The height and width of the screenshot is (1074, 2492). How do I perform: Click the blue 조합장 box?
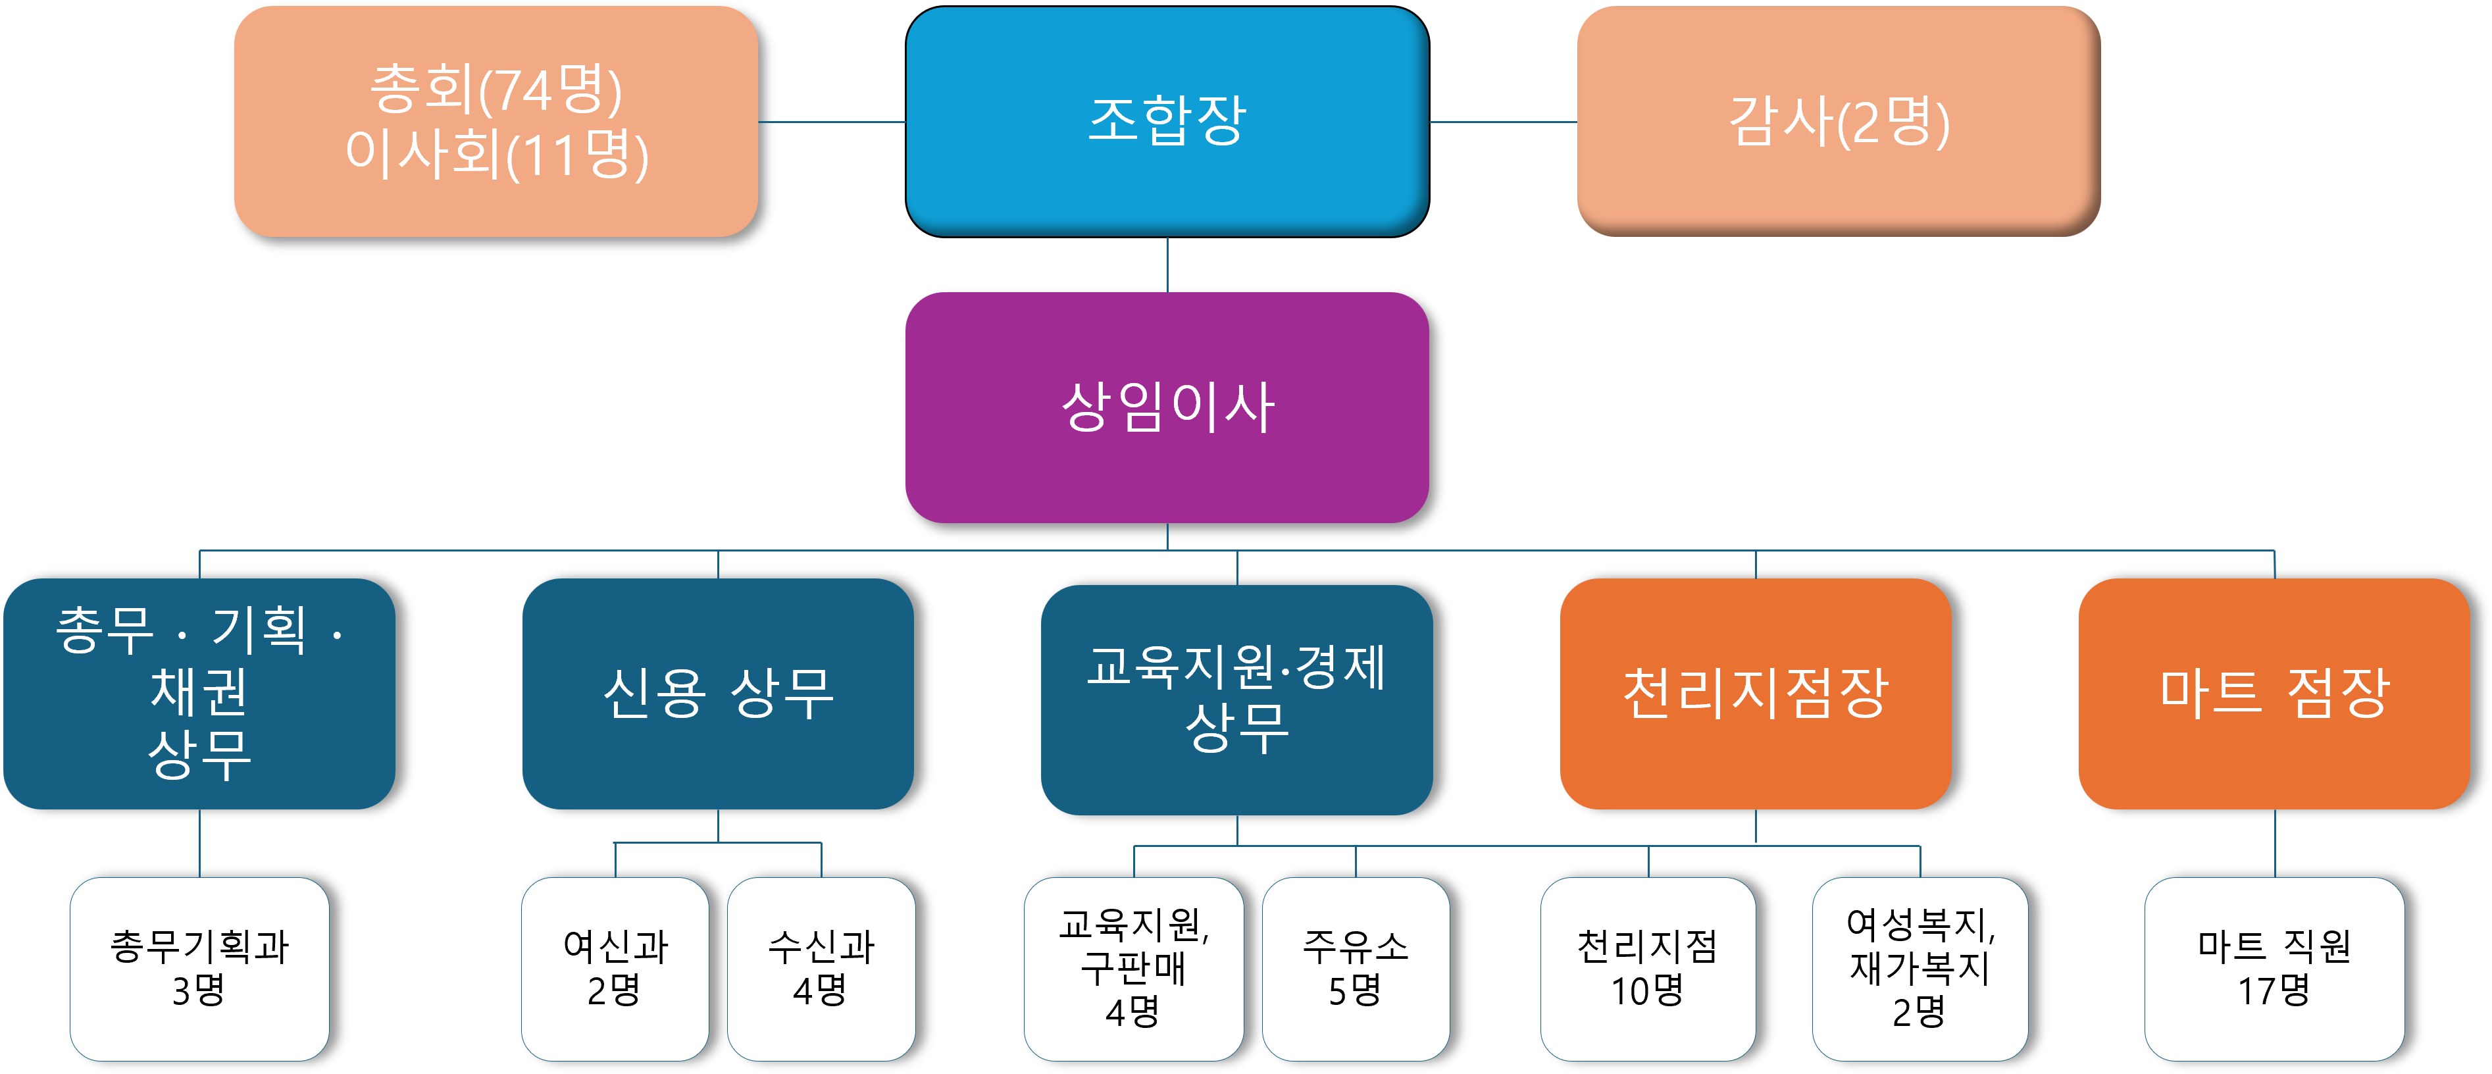[x=1167, y=121]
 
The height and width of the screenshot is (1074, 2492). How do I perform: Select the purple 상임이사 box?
[x=1167, y=407]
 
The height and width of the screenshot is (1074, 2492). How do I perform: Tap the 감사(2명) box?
[x=1838, y=121]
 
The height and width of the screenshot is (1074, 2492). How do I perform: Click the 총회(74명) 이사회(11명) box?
[x=496, y=121]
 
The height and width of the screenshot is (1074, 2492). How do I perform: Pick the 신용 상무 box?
[x=718, y=694]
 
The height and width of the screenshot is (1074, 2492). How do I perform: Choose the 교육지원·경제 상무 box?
[x=1236, y=700]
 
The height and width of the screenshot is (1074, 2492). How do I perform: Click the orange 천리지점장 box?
[x=1755, y=694]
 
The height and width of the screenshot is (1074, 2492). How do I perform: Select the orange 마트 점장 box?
[x=2274, y=694]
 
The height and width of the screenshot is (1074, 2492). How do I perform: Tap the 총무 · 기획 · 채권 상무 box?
[x=199, y=694]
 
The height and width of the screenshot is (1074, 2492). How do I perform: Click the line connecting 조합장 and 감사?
[x=1502, y=122]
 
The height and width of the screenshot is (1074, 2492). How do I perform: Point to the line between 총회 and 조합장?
[x=832, y=122]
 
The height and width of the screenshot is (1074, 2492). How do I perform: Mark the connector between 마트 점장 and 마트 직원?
[x=2274, y=844]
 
